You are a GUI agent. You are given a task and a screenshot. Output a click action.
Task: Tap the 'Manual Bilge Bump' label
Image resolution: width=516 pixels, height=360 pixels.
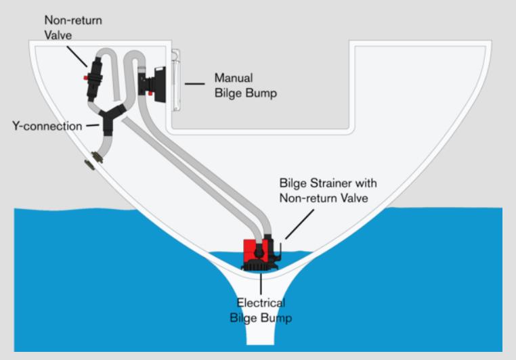tap(245, 85)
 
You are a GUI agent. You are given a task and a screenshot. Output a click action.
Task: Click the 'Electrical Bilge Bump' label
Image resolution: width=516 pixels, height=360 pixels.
tap(261, 310)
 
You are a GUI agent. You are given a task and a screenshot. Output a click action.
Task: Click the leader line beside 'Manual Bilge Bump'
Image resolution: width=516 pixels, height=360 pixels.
tap(195, 84)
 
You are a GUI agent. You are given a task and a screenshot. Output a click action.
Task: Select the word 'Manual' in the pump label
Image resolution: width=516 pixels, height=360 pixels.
tap(231, 77)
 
